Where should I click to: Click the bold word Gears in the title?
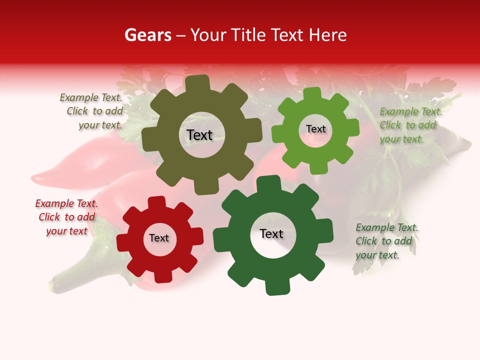147,35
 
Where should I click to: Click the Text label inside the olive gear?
199,135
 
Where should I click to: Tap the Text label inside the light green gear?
315,129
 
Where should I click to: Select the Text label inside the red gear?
159,238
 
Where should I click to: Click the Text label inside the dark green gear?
271,234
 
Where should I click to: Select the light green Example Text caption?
410,125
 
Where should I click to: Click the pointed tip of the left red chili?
33,178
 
